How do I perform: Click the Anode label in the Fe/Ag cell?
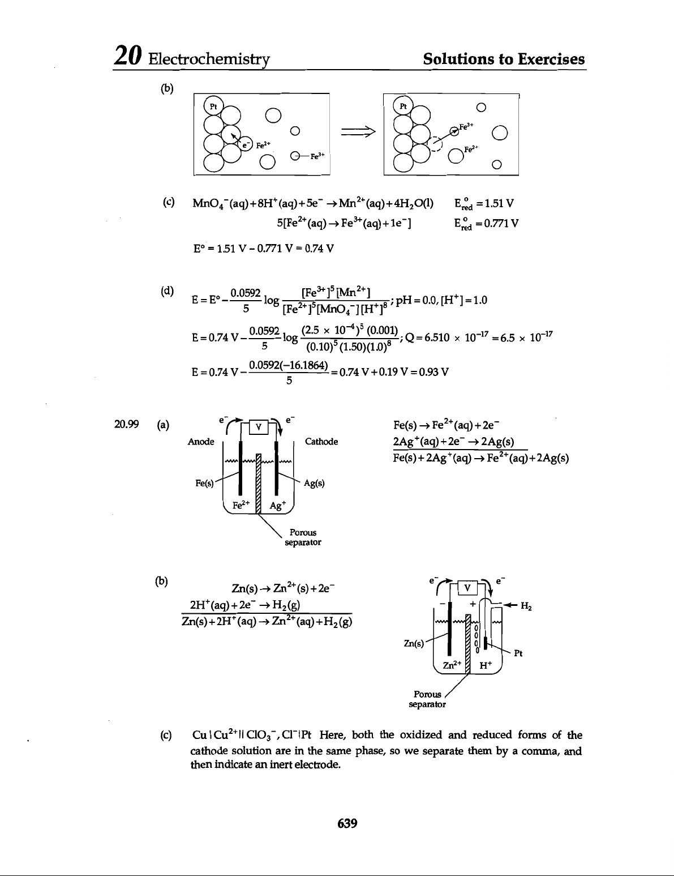point(201,442)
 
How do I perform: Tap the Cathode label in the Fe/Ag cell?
point(321,442)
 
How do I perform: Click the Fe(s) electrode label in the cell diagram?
point(204,484)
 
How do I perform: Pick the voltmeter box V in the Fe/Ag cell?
point(258,427)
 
